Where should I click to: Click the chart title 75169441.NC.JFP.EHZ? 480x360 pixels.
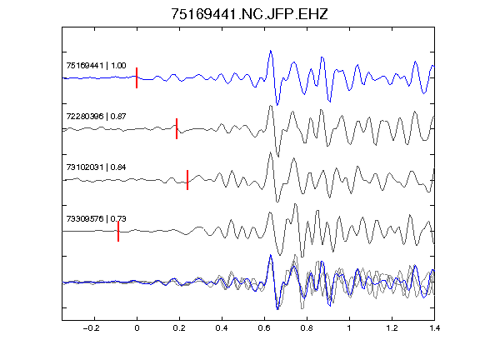[x=249, y=14]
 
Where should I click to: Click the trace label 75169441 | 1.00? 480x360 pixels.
[x=96, y=66]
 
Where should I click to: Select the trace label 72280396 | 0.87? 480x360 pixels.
[x=96, y=117]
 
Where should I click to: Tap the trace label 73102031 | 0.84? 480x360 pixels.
[x=96, y=167]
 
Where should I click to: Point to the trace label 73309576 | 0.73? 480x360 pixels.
[x=96, y=218]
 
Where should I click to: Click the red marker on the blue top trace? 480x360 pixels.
[x=137, y=77]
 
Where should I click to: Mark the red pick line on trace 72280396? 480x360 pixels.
[x=177, y=128]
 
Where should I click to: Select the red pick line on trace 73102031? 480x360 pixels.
[x=187, y=180]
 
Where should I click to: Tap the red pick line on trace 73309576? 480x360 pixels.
[x=118, y=231]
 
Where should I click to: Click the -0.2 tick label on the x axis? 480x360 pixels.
[x=92, y=328]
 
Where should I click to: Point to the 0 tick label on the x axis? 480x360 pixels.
[x=137, y=328]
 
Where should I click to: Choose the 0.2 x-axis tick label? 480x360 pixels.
[x=179, y=328]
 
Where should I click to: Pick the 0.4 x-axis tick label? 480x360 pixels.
[x=222, y=328]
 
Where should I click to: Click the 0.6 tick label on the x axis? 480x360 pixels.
[x=264, y=328]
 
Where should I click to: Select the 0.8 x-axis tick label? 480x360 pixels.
[x=307, y=328]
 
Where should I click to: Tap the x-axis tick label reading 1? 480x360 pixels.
[x=349, y=328]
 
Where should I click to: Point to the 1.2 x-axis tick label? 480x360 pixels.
[x=392, y=328]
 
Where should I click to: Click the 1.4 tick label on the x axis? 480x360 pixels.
[x=434, y=328]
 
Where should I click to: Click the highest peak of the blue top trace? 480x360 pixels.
[x=271, y=51]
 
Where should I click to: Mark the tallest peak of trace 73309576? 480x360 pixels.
[x=295, y=204]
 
